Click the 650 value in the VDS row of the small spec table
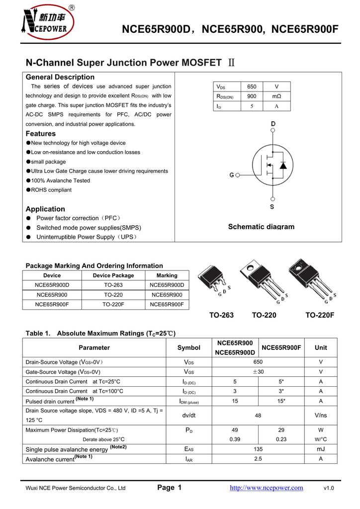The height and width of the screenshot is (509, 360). tap(252, 86)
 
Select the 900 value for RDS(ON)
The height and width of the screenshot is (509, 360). tap(252, 96)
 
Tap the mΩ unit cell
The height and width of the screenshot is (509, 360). tap(276, 96)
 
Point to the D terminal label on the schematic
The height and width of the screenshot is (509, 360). tap(273, 124)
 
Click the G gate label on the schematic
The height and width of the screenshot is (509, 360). tap(232, 175)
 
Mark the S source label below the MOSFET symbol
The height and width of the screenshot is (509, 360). tap(272, 206)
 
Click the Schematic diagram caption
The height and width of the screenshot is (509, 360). tap(261, 227)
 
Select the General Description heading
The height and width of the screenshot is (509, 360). tap(60, 77)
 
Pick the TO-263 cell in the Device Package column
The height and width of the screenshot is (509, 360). tap(113, 285)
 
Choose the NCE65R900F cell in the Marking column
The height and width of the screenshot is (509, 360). tap(167, 304)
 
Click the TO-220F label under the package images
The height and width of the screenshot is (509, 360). tap(319, 315)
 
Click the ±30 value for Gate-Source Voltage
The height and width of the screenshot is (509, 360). tap(258, 372)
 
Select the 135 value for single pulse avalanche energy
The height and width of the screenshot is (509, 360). tap(258, 449)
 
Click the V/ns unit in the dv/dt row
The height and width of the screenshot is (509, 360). tap(320, 415)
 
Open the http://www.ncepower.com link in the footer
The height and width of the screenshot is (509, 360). tap(266, 488)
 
